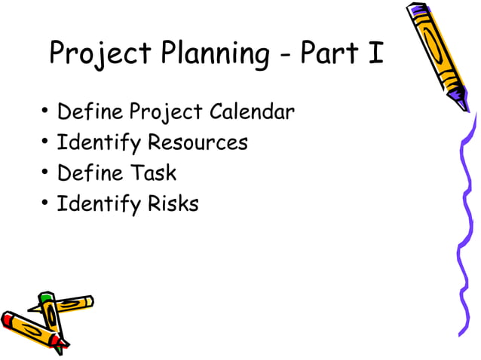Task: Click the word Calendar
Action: (x=252, y=112)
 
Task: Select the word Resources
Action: (x=198, y=142)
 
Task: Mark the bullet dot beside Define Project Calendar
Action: (x=45, y=113)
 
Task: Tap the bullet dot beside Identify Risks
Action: (x=45, y=203)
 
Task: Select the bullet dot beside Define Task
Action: (x=45, y=173)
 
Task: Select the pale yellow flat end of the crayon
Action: (x=89, y=301)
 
